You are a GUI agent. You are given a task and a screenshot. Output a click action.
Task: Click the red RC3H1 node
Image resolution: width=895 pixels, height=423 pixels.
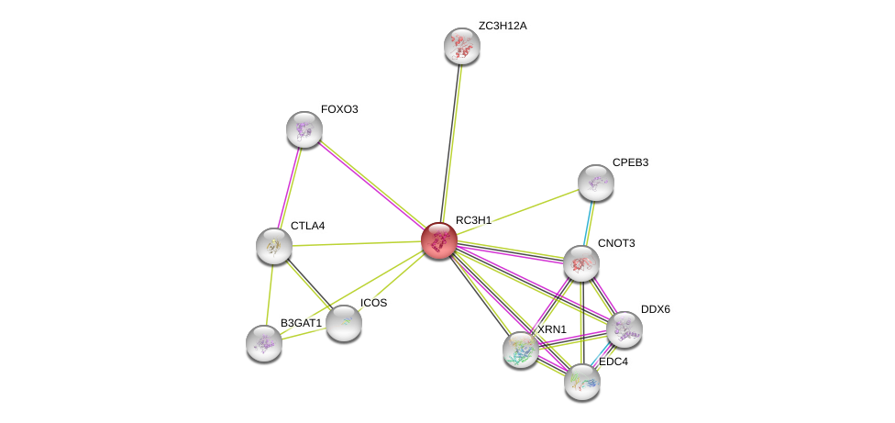click(439, 240)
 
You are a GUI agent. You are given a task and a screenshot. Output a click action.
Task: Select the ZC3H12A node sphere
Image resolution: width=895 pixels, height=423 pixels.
click(462, 46)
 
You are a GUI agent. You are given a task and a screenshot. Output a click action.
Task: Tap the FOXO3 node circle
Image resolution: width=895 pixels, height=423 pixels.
click(304, 129)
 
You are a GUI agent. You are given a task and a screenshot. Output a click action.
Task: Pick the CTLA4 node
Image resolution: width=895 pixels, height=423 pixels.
click(273, 245)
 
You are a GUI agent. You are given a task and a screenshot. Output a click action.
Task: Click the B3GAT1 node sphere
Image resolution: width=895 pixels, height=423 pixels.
click(264, 343)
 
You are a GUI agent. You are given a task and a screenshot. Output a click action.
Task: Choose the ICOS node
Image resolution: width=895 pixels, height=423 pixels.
click(344, 322)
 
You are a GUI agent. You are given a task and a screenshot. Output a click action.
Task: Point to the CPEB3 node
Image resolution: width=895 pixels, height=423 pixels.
click(595, 183)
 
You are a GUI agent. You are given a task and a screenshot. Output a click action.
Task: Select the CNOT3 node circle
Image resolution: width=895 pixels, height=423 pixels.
click(580, 263)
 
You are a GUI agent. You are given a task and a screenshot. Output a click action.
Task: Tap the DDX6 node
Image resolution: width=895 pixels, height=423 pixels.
click(624, 329)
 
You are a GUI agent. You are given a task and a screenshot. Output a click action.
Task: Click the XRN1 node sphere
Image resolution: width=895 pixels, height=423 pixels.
click(520, 350)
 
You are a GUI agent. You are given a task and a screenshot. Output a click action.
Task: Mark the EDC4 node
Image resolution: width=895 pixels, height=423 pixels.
click(581, 381)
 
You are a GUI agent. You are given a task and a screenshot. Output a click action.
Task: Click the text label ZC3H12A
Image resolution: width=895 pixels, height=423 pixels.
click(503, 26)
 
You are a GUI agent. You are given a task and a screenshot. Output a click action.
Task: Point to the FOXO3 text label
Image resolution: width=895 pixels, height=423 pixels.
click(339, 109)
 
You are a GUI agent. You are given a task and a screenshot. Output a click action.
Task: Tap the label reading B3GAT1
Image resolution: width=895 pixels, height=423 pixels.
click(302, 323)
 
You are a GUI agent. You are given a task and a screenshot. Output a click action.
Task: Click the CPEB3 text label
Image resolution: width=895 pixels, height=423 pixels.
click(630, 162)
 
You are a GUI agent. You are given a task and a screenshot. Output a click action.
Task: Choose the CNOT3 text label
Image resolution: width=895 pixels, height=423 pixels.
click(616, 243)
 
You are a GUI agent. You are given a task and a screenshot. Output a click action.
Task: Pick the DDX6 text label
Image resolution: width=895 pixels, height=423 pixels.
click(656, 309)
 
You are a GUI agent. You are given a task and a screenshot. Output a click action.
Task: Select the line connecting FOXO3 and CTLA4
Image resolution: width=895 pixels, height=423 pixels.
click(289, 186)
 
